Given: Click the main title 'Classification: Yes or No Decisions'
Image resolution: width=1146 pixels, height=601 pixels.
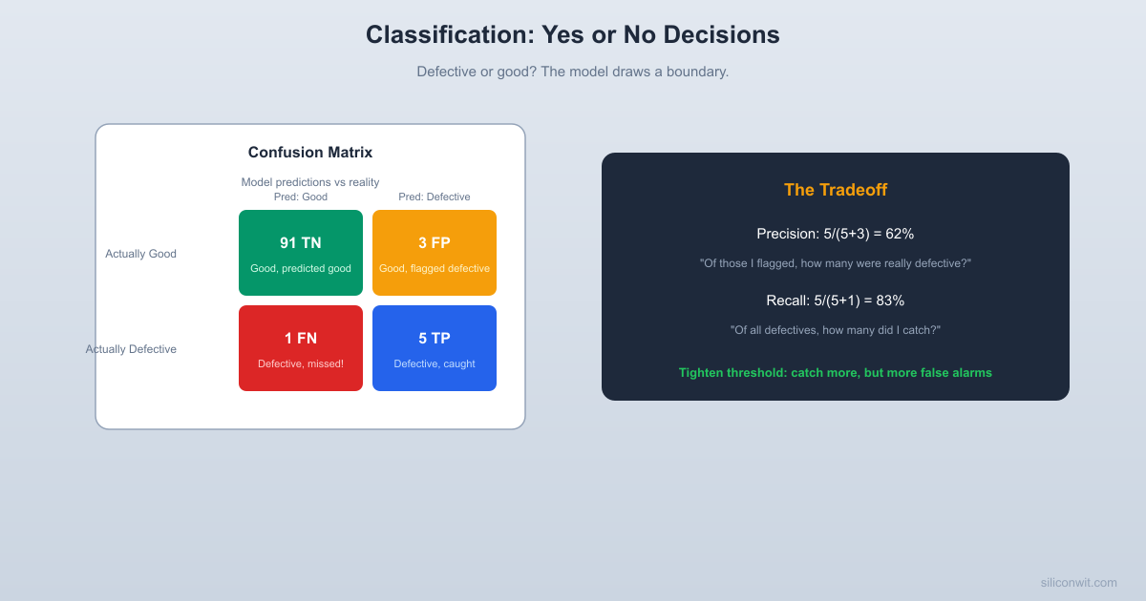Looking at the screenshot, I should coord(572,34).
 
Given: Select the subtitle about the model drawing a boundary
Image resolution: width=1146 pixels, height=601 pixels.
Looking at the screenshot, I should coord(572,72).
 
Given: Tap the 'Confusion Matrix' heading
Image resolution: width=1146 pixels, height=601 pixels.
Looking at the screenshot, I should coord(310,153).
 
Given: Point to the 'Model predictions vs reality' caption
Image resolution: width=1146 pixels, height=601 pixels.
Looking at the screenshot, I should coord(310,182).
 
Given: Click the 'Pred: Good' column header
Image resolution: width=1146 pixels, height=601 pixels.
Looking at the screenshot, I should coord(301,197).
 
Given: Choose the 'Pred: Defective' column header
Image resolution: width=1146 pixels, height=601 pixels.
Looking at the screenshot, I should coord(435,197).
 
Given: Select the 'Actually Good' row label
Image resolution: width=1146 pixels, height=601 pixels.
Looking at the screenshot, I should coord(140,254).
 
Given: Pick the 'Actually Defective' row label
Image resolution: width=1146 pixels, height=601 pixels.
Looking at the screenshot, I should coord(131,349).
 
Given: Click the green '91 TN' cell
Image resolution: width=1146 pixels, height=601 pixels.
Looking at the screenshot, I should coord(301,252).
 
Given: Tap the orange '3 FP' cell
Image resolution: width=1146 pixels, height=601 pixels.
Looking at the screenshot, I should coord(435,252).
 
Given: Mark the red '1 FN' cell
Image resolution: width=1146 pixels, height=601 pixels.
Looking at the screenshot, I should coord(301,347).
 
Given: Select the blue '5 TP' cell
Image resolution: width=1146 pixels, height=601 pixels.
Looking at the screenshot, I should coord(435,347).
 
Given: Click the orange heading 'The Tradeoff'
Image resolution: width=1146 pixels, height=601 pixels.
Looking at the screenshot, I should coord(836,190).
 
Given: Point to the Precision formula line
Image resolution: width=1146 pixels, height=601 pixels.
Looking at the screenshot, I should coord(836,234).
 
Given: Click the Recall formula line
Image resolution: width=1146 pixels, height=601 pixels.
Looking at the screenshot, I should coord(836,300).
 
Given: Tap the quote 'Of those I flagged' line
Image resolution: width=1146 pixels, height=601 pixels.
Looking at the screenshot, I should coord(836,263).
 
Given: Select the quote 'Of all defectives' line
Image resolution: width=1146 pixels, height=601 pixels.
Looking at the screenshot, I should coord(836,330).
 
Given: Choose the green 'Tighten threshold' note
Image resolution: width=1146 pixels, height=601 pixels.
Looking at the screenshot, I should coord(836,373).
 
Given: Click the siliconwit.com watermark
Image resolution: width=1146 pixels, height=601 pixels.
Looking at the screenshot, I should coord(1078,583).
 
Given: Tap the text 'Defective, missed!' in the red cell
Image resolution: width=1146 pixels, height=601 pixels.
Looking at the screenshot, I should coord(301,363).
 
